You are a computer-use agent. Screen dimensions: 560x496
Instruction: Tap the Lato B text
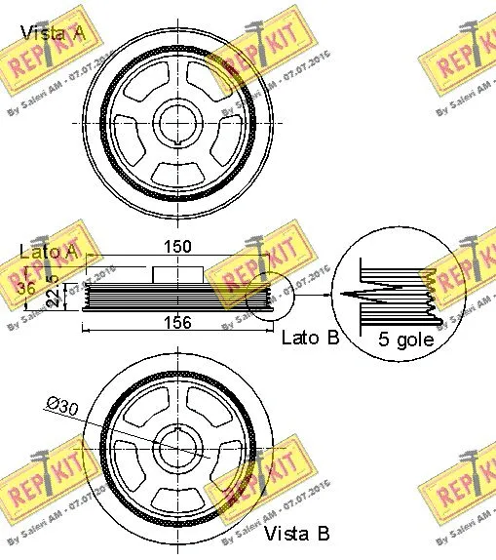click(x=310, y=338)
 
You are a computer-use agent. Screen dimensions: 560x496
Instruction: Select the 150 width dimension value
click(x=177, y=247)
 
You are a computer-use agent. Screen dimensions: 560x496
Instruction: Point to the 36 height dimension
click(x=26, y=289)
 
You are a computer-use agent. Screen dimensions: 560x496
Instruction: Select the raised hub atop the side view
click(x=177, y=273)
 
